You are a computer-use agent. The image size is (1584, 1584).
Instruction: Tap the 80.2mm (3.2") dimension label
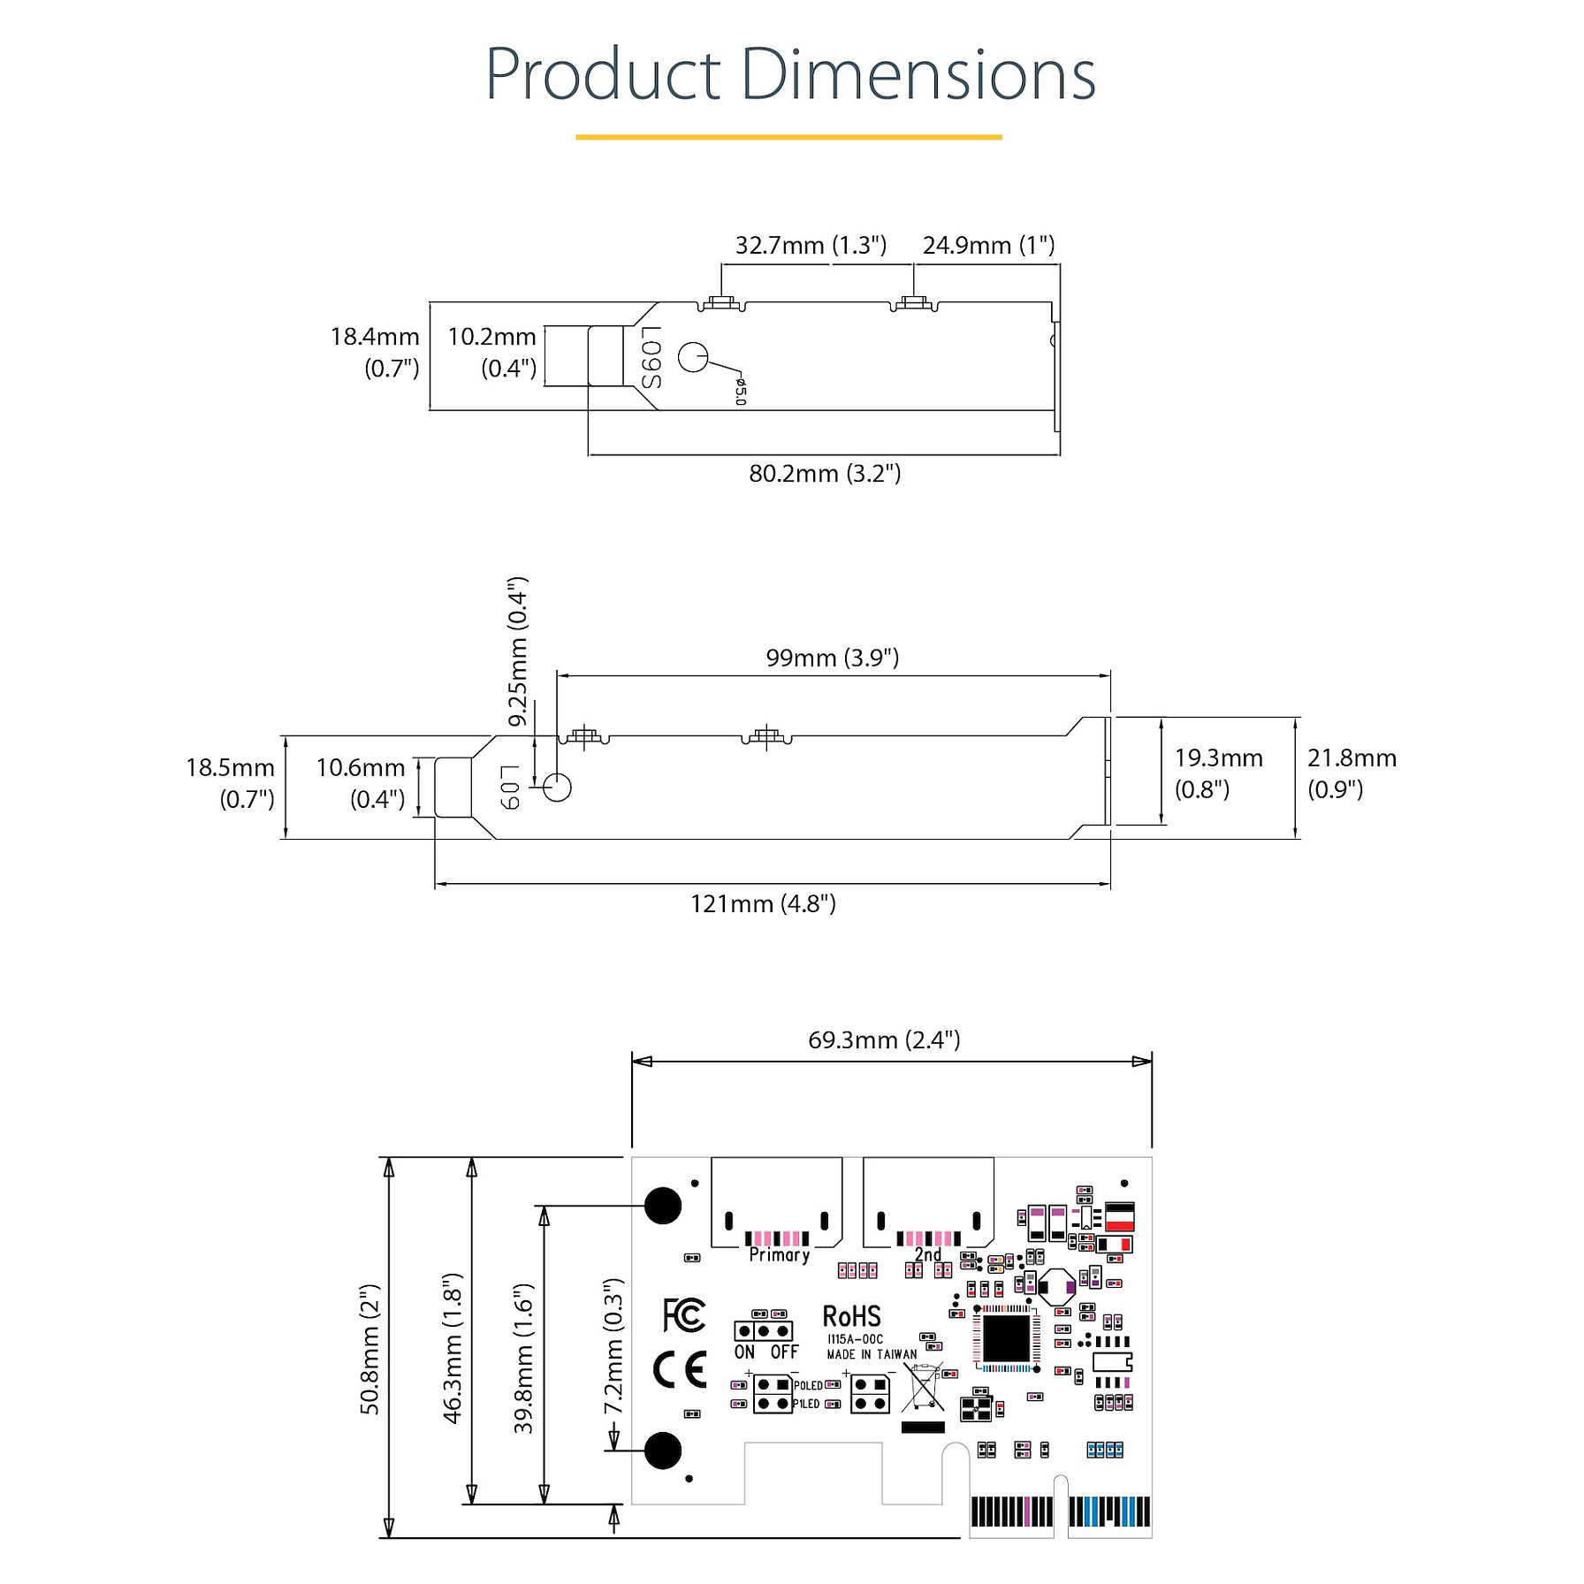825,474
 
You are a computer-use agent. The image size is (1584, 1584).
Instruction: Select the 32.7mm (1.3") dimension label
811,245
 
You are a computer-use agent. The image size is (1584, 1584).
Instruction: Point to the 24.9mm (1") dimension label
988,245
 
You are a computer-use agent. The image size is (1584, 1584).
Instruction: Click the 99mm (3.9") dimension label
832,658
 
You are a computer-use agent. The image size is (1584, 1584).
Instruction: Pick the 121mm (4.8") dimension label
763,903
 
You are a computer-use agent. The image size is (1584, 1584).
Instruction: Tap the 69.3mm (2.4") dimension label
884,1039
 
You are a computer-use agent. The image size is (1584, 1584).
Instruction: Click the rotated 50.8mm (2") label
370,1349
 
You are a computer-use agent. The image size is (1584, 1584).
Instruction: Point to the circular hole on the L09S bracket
693,356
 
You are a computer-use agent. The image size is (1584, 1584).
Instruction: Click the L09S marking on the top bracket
651,357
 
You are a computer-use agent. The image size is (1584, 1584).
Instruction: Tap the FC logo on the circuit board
684,1315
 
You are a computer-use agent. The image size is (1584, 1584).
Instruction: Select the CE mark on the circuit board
680,1370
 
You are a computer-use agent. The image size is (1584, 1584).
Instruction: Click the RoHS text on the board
851,1317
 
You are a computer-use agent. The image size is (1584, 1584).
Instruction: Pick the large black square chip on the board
1006,1339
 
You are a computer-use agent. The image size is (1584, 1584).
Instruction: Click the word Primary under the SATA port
779,1254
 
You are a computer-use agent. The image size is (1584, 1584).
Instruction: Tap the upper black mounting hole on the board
663,1204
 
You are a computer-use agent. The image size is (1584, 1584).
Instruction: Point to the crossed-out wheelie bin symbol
924,1387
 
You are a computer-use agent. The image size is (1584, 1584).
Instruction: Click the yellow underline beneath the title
788,137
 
